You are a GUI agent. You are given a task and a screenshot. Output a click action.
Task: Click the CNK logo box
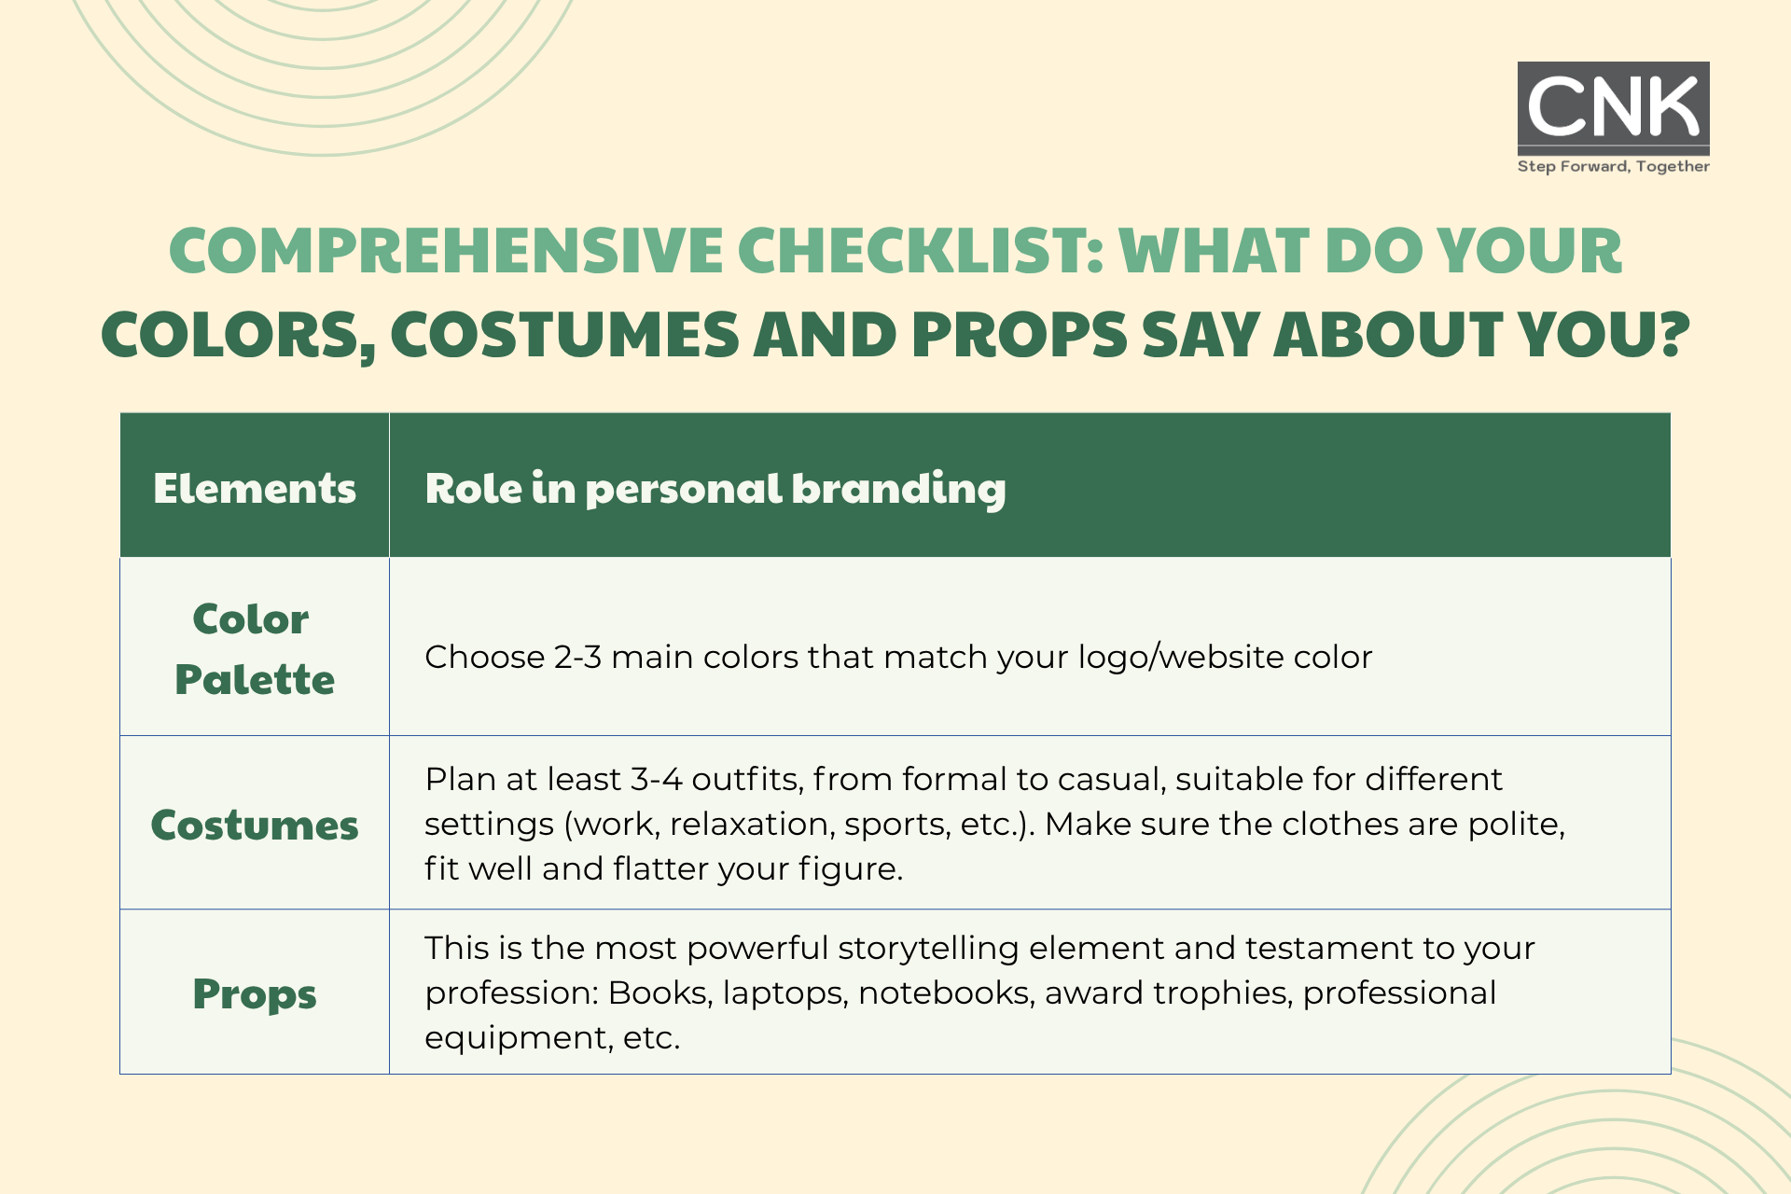point(1613,108)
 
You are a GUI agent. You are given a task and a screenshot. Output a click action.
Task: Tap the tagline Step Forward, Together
point(1613,166)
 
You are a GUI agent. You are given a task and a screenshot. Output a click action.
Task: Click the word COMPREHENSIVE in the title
point(446,251)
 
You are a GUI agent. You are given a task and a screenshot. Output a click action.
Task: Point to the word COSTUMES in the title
point(564,335)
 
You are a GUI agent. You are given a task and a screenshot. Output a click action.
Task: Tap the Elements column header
point(255,488)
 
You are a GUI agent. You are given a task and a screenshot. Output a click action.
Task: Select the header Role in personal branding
point(715,489)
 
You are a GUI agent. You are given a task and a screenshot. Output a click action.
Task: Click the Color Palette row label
point(254,649)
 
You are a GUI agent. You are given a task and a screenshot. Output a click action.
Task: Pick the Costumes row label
point(255,825)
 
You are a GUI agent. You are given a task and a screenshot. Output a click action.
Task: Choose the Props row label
point(255,994)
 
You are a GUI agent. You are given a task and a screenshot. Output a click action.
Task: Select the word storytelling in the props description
point(928,949)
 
